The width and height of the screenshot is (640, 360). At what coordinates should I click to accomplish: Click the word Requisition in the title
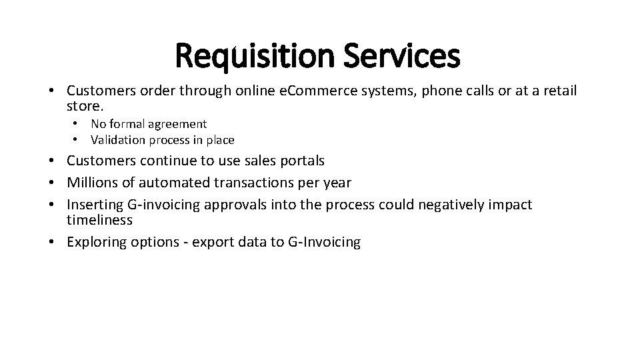[x=254, y=57]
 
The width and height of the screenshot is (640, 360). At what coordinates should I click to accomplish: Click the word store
[x=84, y=106]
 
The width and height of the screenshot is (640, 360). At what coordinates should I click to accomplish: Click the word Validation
[x=117, y=140]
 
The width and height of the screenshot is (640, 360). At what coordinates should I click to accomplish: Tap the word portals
[x=304, y=161]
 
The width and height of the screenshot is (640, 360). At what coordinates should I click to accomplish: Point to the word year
[x=336, y=182]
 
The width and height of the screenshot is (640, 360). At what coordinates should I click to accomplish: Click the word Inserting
[x=94, y=204]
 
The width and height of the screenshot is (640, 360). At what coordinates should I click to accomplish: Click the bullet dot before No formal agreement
[x=77, y=124]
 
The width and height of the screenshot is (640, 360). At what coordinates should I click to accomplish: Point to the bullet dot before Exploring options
[x=51, y=242]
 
